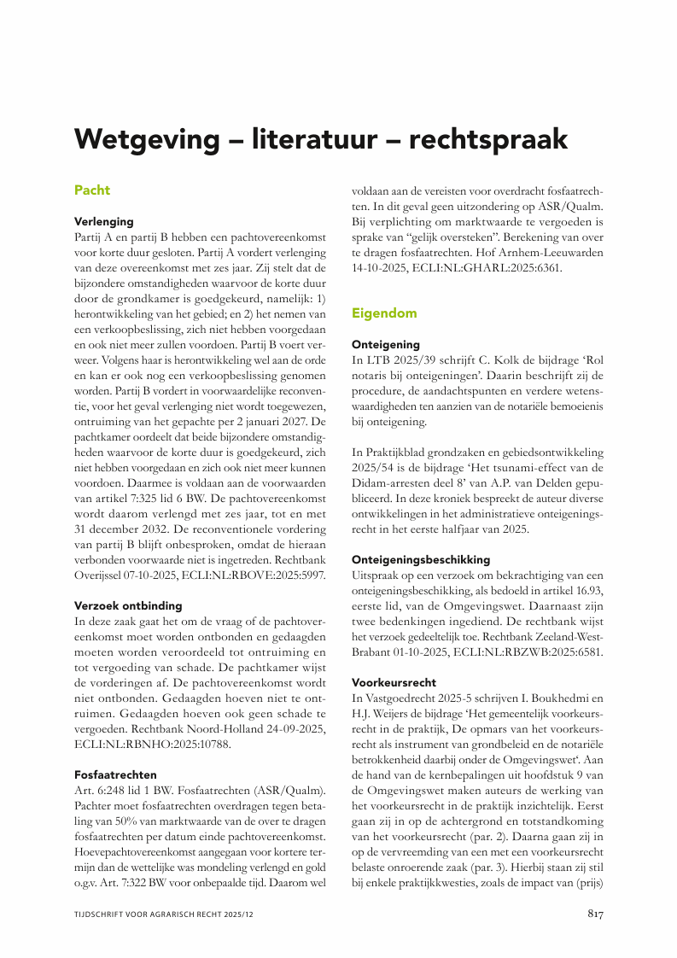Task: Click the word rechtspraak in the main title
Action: click(486, 138)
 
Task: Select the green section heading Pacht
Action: click(92, 190)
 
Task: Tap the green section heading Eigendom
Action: click(384, 313)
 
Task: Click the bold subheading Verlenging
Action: click(104, 221)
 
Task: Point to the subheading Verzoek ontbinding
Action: click(128, 605)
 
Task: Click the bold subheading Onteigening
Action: click(386, 344)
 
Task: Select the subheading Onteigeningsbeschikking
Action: click(421, 559)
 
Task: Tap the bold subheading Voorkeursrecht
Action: click(394, 682)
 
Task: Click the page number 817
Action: click(595, 914)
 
